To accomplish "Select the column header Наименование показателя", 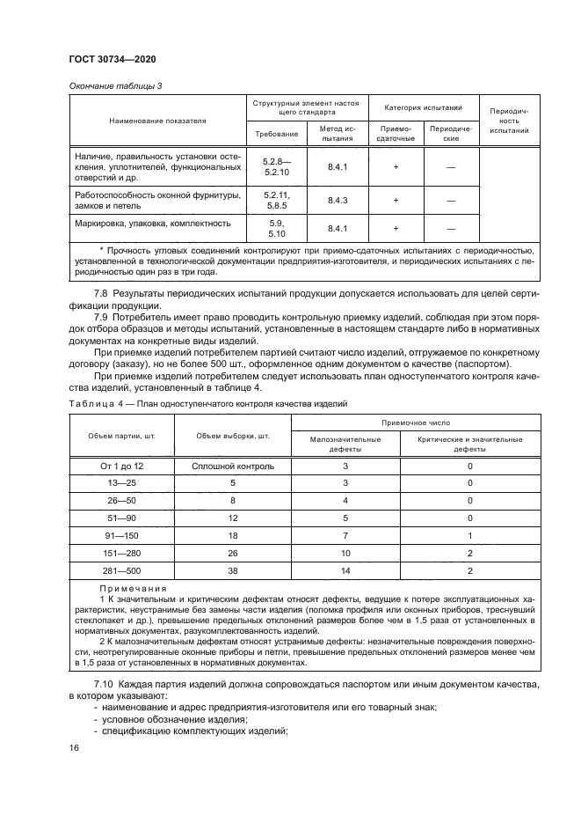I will point(157,119).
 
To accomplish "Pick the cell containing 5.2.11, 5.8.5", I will point(276,201).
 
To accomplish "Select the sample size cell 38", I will point(233,571).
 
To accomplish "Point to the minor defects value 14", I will point(345,571).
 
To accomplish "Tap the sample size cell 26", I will point(233,554).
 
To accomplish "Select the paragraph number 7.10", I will point(106,684).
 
